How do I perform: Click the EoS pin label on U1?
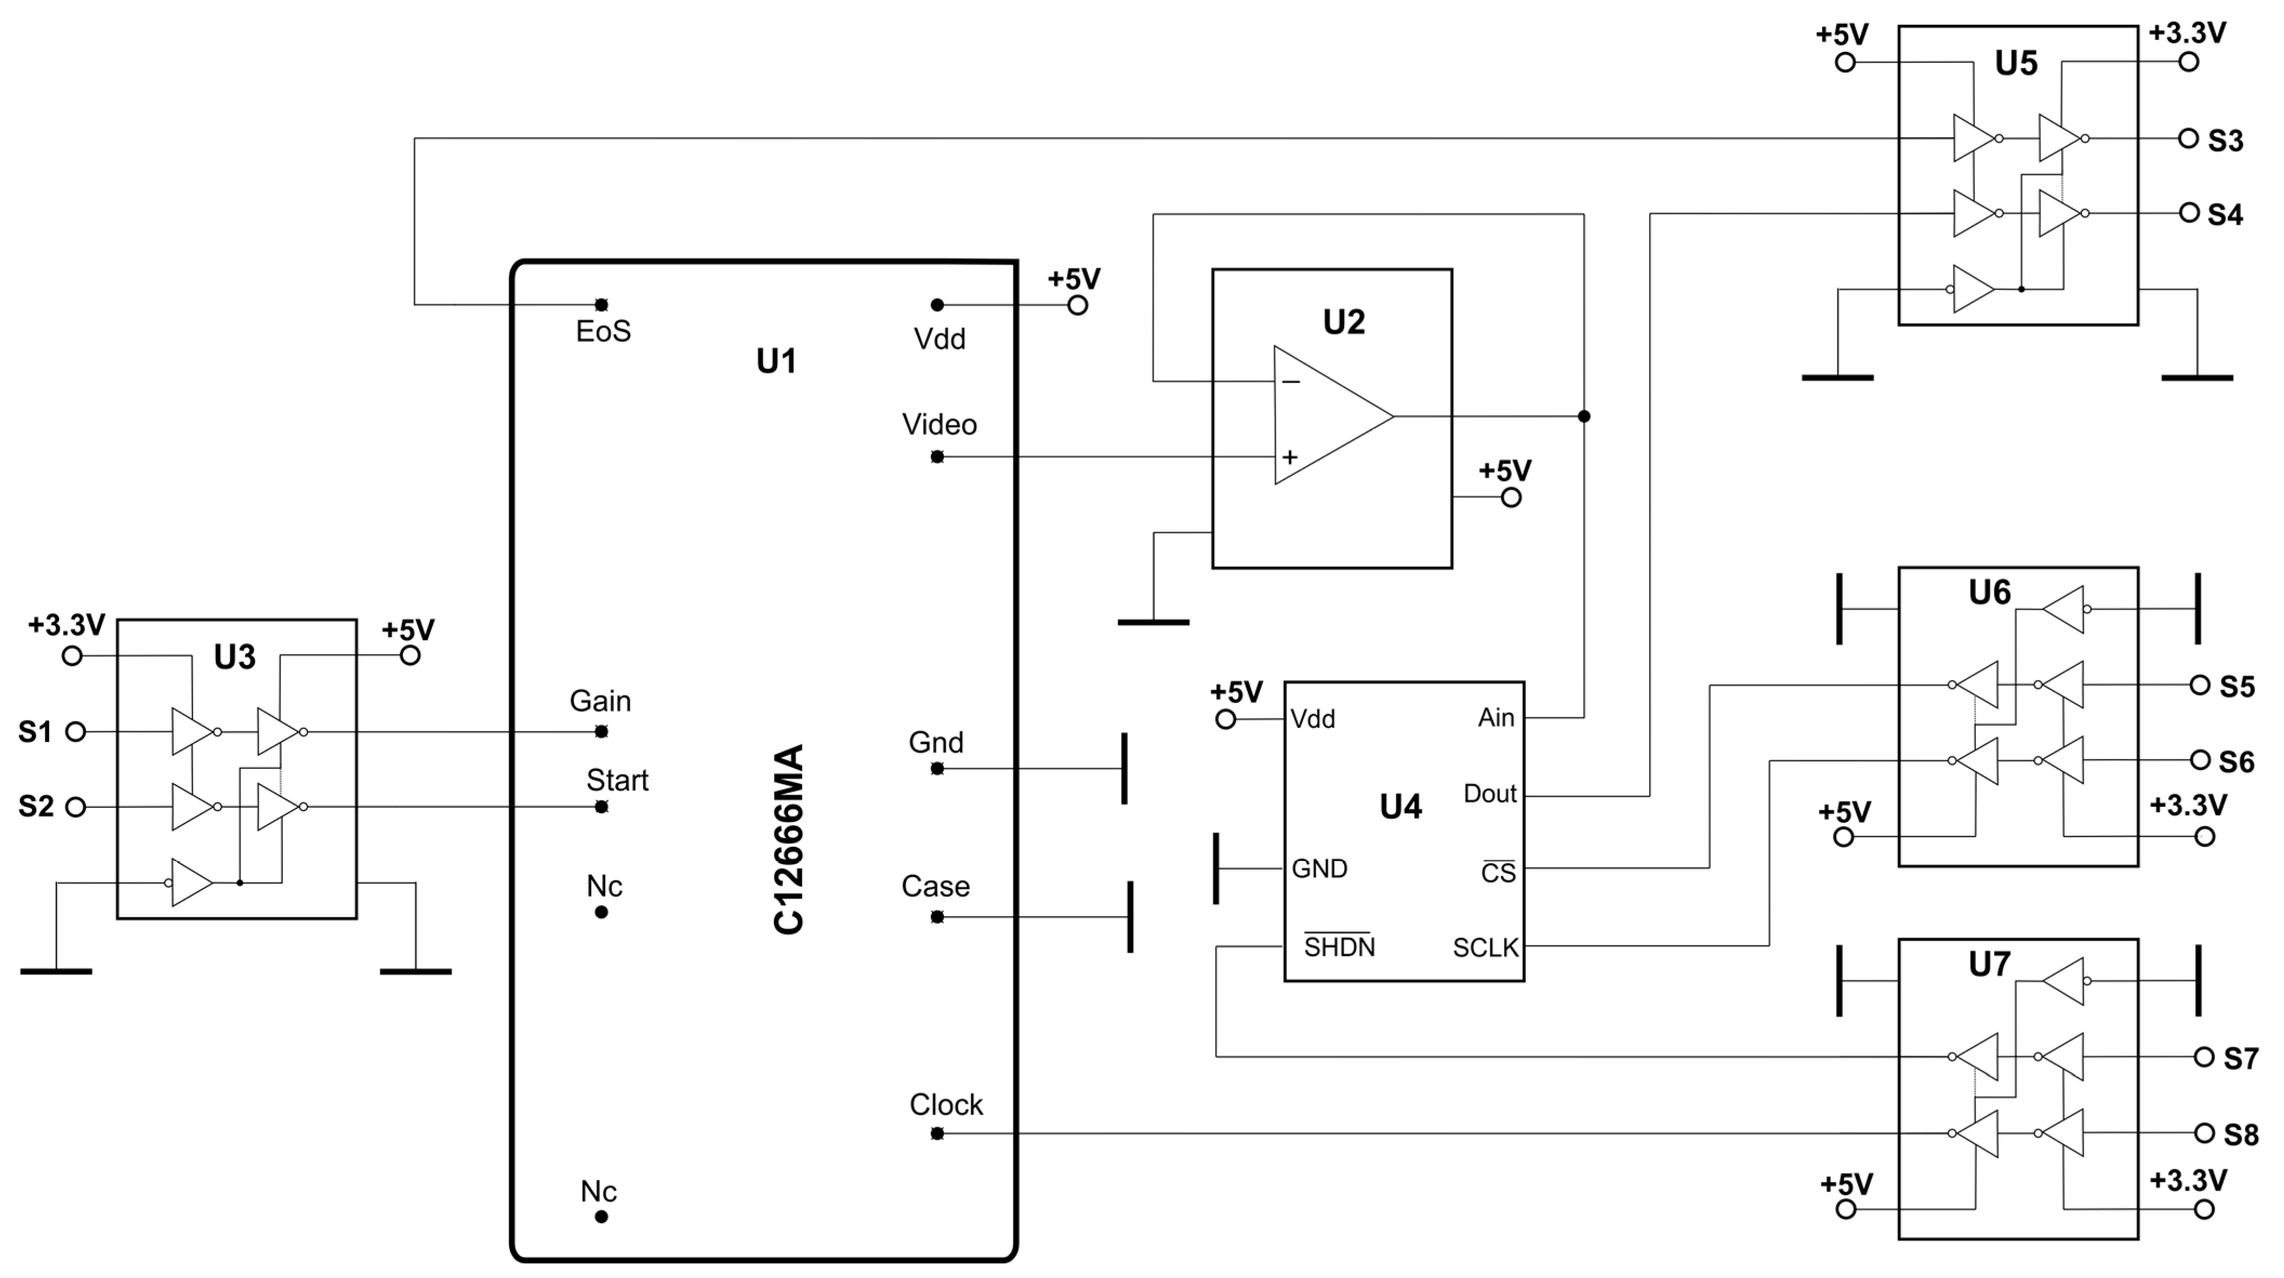point(603,332)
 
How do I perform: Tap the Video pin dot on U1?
point(937,457)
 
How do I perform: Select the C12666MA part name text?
point(788,839)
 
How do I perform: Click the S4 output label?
point(2225,215)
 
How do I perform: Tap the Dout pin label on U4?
point(1489,794)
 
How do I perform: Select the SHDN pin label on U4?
point(1339,947)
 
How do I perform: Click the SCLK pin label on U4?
point(1485,948)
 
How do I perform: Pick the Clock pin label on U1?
point(946,1105)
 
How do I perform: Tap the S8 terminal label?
point(2241,1135)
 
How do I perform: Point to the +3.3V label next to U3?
point(67,625)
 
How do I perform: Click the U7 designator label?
point(1989,964)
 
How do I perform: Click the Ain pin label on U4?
point(1496,717)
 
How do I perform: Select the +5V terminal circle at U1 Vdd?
point(1077,305)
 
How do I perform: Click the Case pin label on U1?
point(936,887)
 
